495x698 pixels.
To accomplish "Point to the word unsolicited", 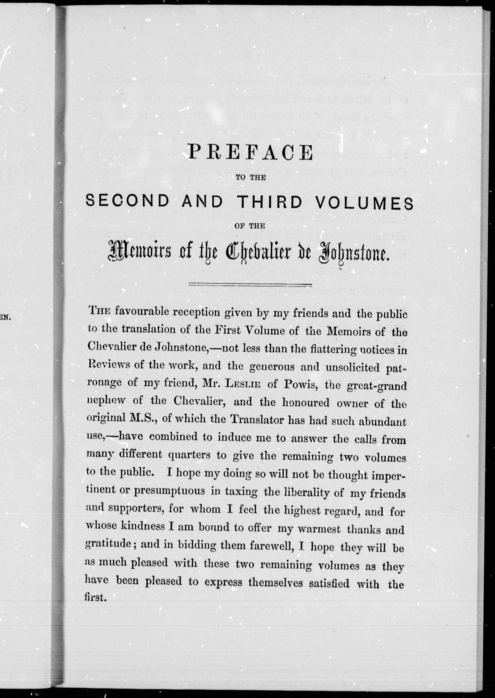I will pyautogui.click(x=352, y=367).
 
